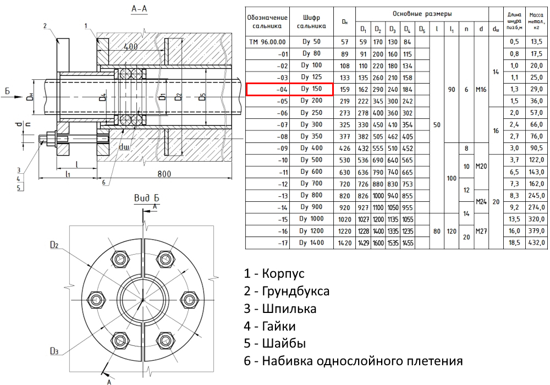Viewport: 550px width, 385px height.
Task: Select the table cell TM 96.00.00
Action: pyautogui.click(x=267, y=42)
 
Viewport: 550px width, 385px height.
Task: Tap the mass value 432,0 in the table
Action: pyautogui.click(x=536, y=243)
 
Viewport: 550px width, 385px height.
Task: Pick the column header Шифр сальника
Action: pyautogui.click(x=311, y=21)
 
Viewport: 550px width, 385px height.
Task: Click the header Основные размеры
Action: pyautogui.click(x=422, y=14)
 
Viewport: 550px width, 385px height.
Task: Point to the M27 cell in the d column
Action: pyautogui.click(x=481, y=231)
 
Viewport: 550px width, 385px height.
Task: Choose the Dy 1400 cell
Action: pyautogui.click(x=311, y=243)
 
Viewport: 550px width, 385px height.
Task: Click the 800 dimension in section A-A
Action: pyautogui.click(x=164, y=174)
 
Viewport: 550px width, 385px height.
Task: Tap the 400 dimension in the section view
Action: pyautogui.click(x=130, y=46)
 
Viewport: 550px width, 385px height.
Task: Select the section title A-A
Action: pyautogui.click(x=139, y=9)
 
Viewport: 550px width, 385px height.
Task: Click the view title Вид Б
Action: pyautogui.click(x=147, y=198)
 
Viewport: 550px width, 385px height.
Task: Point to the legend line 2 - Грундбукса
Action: pyautogui.click(x=287, y=291)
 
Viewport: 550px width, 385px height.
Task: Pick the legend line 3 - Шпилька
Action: pyautogui.click(x=280, y=309)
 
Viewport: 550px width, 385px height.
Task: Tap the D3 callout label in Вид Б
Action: pyautogui.click(x=54, y=351)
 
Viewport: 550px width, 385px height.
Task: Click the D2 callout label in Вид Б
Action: pyautogui.click(x=54, y=245)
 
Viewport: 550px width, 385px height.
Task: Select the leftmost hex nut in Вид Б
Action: pyautogui.click(x=95, y=300)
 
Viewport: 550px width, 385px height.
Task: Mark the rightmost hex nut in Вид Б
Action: pyautogui.click(x=190, y=300)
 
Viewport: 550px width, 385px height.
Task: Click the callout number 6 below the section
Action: pyautogui.click(x=103, y=183)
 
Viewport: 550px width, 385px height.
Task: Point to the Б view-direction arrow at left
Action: pyautogui.click(x=13, y=96)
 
